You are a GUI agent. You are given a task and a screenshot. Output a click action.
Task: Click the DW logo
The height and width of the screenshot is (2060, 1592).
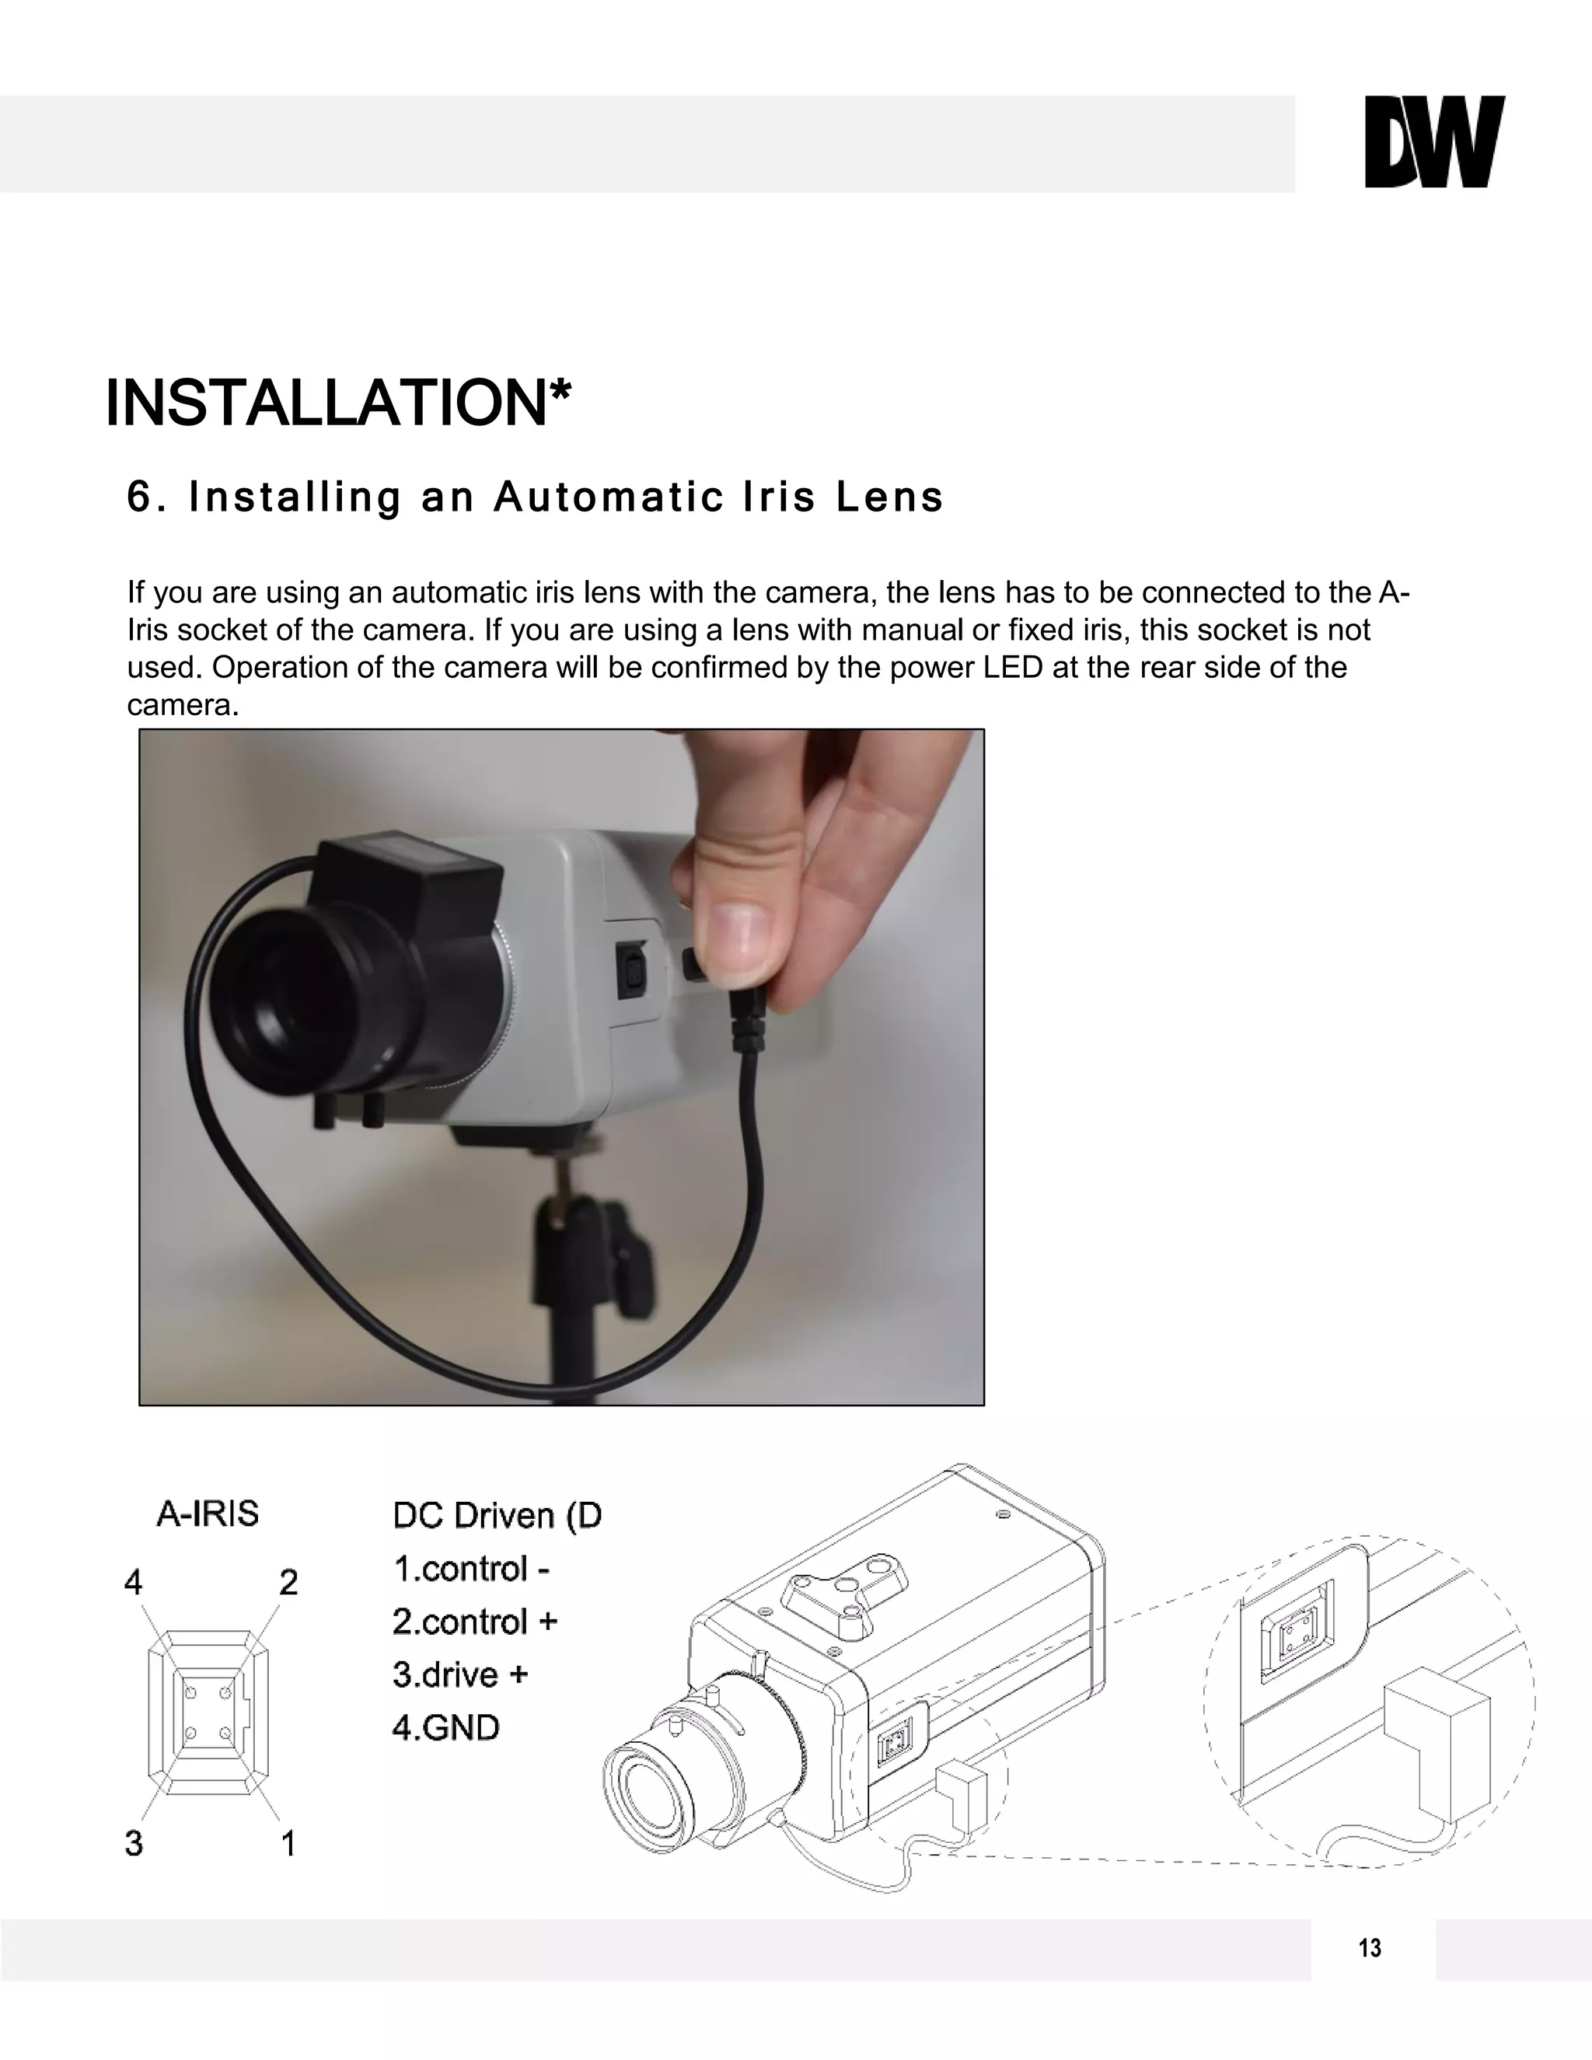pos(1434,141)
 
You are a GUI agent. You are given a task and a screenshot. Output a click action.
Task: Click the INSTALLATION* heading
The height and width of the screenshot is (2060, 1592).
pos(337,403)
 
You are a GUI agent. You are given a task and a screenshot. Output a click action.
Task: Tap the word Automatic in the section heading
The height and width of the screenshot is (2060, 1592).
pos(609,497)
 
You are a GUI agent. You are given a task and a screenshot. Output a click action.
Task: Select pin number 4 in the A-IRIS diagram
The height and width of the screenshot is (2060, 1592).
pos(134,1582)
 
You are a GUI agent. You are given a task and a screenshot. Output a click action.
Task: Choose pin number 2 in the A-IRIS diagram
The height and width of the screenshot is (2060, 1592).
pos(288,1582)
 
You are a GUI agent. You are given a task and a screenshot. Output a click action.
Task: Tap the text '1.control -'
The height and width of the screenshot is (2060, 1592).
pos(470,1569)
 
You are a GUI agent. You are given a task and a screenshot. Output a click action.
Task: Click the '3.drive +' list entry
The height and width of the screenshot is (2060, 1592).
pos(460,1674)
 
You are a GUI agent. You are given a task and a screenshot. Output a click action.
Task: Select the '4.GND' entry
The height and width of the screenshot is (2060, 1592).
pos(445,1728)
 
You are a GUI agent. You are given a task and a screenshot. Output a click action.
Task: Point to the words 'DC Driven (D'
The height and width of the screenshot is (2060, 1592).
pos(496,1516)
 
